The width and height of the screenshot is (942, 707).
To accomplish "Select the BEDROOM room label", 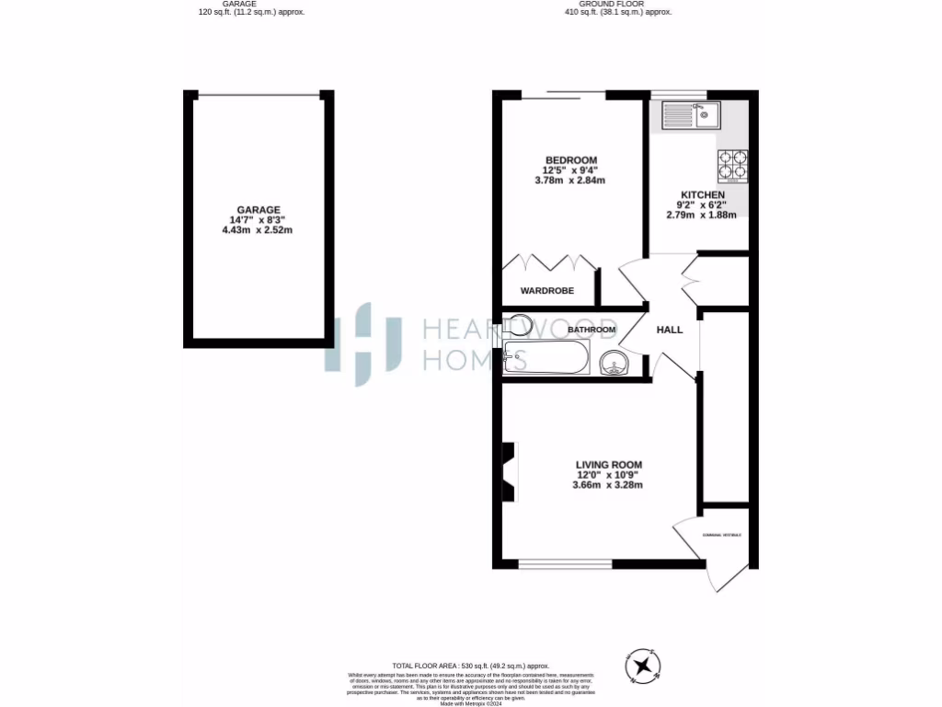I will click(570, 160).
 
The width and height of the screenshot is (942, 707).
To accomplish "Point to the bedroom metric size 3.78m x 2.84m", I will click(570, 180).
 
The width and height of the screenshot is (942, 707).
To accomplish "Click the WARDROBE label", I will click(547, 291).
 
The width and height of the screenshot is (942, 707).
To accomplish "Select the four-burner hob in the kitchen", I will click(732, 166).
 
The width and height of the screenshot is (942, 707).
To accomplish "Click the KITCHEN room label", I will click(703, 195).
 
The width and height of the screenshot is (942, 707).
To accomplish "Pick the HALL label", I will click(669, 330).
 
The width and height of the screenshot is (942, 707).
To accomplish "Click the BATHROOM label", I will click(591, 330).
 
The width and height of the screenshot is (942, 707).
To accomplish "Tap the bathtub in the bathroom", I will click(546, 357).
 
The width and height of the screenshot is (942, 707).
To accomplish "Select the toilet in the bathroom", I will click(517, 324).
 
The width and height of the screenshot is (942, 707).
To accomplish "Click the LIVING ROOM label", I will click(608, 465).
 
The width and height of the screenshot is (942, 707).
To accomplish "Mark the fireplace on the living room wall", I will click(507, 470).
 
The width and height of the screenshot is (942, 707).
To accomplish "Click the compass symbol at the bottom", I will click(643, 665).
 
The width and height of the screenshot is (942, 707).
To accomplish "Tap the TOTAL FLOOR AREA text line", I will click(470, 666).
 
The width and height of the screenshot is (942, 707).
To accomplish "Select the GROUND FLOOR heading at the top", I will click(618, 4).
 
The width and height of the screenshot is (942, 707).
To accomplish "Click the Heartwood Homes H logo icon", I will click(364, 343).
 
